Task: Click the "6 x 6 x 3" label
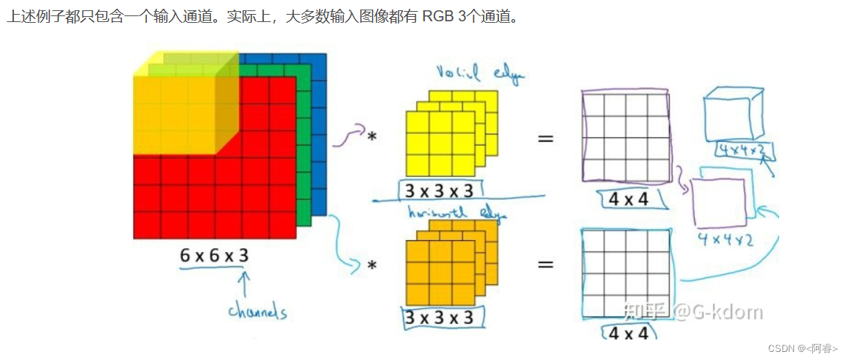pyautogui.click(x=214, y=256)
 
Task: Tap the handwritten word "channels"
pyautogui.click(x=257, y=312)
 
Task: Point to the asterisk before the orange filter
pyautogui.click(x=372, y=265)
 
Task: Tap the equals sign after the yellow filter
pyautogui.click(x=545, y=137)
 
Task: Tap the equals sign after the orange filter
pyautogui.click(x=545, y=262)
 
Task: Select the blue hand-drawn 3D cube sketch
pyautogui.click(x=734, y=114)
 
